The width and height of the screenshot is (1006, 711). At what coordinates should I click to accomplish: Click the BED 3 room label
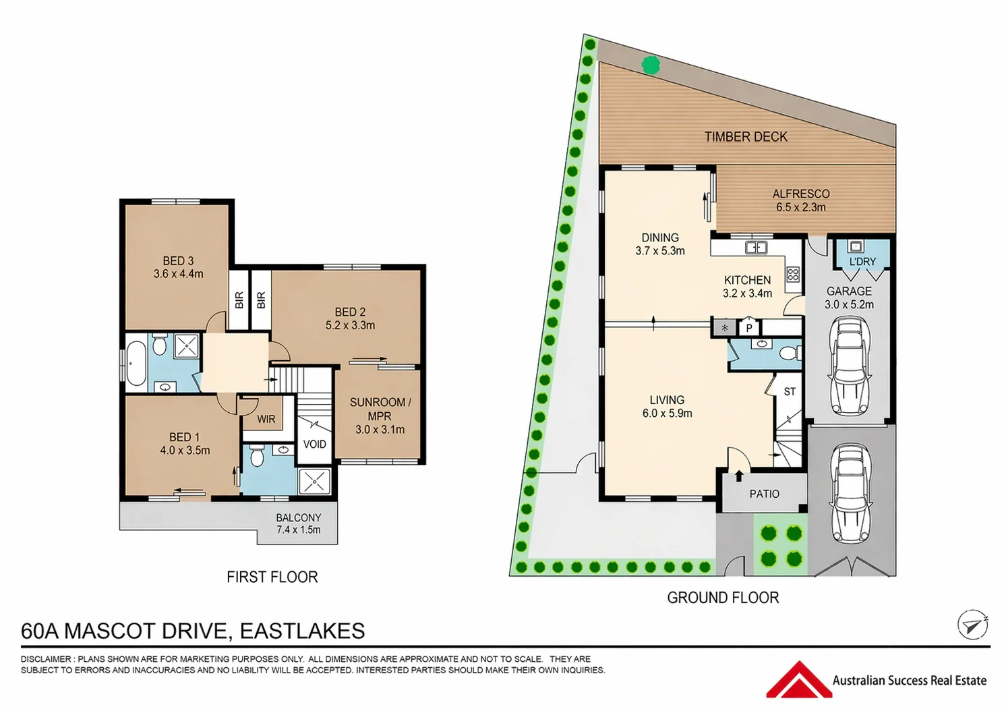coord(178,267)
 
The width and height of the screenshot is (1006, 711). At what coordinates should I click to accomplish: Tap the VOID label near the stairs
coord(314,445)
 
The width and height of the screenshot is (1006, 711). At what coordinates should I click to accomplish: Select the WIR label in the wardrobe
coord(266,420)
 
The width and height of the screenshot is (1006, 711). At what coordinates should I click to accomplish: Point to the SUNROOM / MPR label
coord(380,416)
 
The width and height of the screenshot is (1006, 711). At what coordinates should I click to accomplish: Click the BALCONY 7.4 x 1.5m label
coord(299,523)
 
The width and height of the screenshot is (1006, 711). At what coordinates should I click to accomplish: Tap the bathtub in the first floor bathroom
coord(136,363)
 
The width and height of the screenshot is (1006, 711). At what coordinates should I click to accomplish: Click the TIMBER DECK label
coord(746,137)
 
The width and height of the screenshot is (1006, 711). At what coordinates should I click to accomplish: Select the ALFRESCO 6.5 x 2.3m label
coord(801,200)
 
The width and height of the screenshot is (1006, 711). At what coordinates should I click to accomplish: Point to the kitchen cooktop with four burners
coord(793,274)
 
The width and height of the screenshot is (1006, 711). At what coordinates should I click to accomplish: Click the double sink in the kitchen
coord(756,247)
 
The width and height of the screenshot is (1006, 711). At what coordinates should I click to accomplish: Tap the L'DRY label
coord(863,261)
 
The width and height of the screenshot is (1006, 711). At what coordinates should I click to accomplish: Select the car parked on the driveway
coord(850,494)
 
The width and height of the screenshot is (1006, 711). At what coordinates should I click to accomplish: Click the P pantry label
coord(749,328)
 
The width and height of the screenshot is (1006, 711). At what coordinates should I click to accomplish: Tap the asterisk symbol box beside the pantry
coord(725,328)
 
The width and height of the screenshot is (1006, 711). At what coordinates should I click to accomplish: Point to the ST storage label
coord(790,391)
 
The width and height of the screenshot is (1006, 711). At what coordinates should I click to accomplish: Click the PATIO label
coord(765,494)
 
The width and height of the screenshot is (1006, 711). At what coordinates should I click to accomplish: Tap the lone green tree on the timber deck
coord(651,65)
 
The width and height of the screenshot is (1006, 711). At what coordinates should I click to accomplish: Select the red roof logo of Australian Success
coord(799,679)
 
